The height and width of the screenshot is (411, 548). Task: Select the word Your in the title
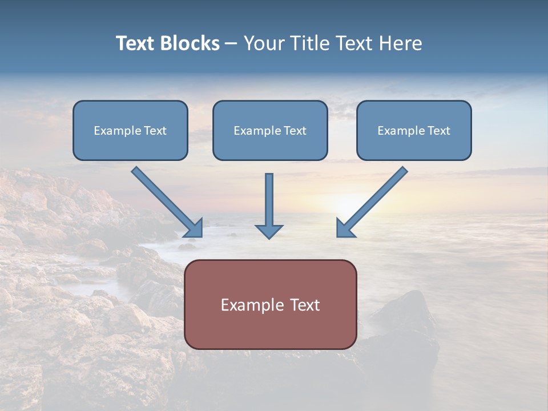(263, 43)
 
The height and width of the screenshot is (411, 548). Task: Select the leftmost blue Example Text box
(130, 130)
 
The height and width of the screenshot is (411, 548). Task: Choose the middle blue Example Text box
(270, 130)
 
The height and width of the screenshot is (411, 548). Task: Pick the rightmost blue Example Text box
(414, 130)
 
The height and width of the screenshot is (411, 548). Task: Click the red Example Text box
(270, 304)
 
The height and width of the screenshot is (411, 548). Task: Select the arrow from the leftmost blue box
(166, 201)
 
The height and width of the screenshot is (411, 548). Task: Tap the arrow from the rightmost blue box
(373, 201)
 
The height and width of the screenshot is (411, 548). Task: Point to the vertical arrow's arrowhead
(269, 231)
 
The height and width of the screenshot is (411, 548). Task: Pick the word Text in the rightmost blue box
(439, 131)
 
